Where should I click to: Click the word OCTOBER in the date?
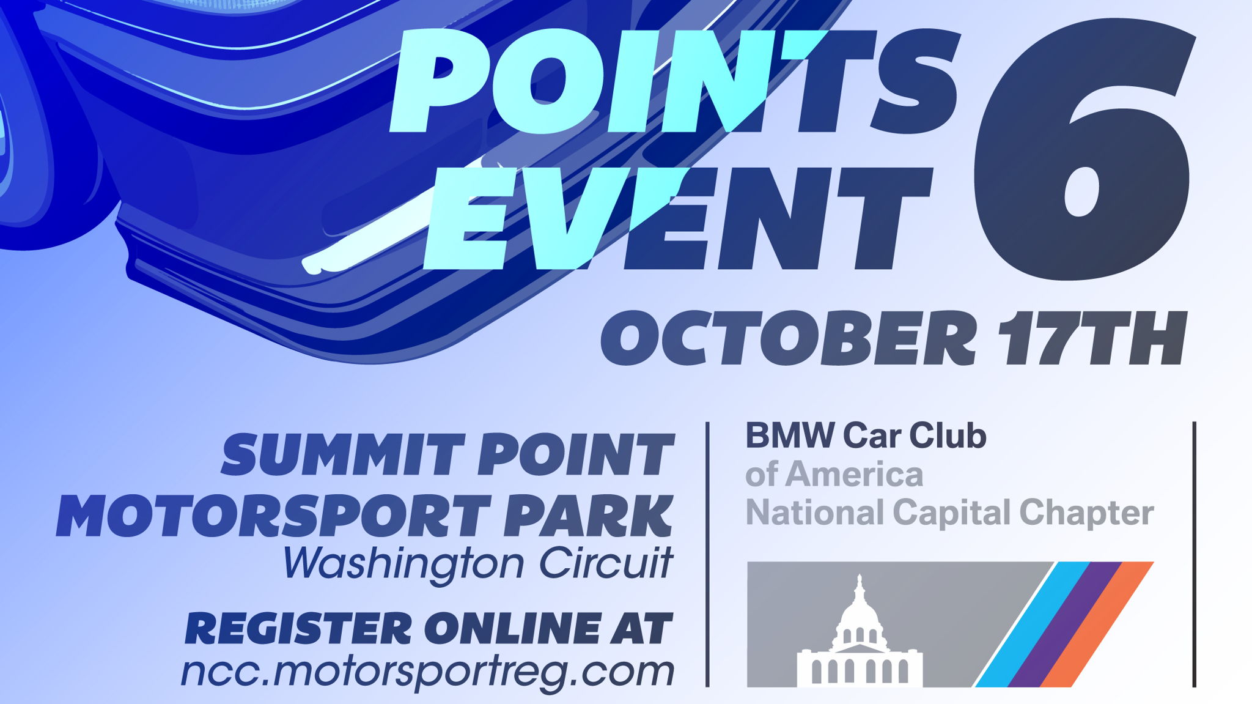tap(789, 338)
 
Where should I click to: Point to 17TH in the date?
tap(1092, 338)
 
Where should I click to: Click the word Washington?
tap(403, 563)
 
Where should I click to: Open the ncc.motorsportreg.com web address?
tap(427, 672)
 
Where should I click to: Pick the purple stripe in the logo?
tap(1065, 624)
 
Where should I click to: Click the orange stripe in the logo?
tap(1097, 624)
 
